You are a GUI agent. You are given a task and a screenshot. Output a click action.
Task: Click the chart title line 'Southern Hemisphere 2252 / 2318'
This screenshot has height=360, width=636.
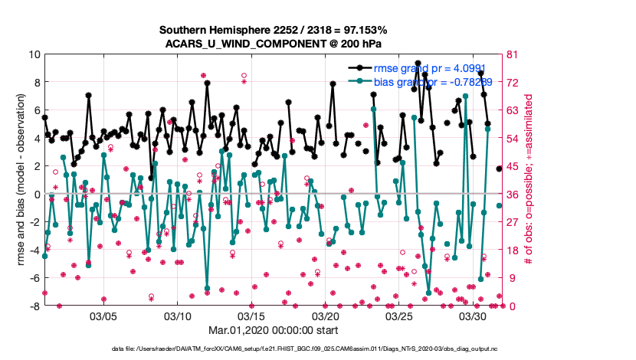pos(273,30)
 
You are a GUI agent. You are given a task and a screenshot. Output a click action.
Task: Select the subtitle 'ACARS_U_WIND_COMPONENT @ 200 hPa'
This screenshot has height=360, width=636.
pos(273,43)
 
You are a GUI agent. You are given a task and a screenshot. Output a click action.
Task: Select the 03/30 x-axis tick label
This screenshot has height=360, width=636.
pos(474,316)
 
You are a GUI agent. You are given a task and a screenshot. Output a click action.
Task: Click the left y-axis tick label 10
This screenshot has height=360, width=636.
pos(34,54)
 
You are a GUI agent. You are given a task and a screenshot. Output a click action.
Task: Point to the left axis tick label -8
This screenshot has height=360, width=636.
pos(34,306)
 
